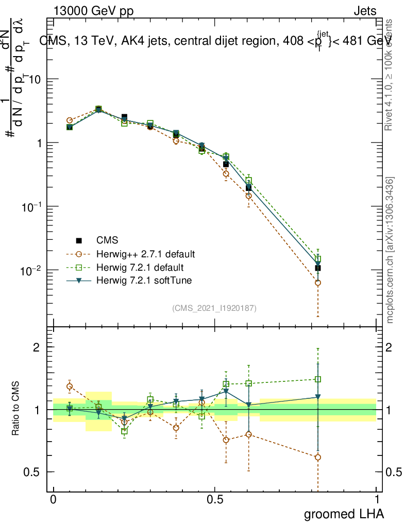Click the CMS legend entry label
tap(107, 240)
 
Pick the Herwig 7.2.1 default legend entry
tap(140, 268)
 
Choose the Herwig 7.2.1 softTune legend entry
tap(143, 280)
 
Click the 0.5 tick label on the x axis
tap(215, 499)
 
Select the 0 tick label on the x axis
tap(53, 499)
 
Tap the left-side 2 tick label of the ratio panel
tap(37, 347)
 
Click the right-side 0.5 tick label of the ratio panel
tap(393, 472)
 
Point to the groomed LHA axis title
tap(343, 514)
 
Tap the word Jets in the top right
tap(365, 11)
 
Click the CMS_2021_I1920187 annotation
tap(214, 308)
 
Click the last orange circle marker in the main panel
tap(318, 283)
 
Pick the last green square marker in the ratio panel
tap(318, 379)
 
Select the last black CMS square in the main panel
tap(318, 268)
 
